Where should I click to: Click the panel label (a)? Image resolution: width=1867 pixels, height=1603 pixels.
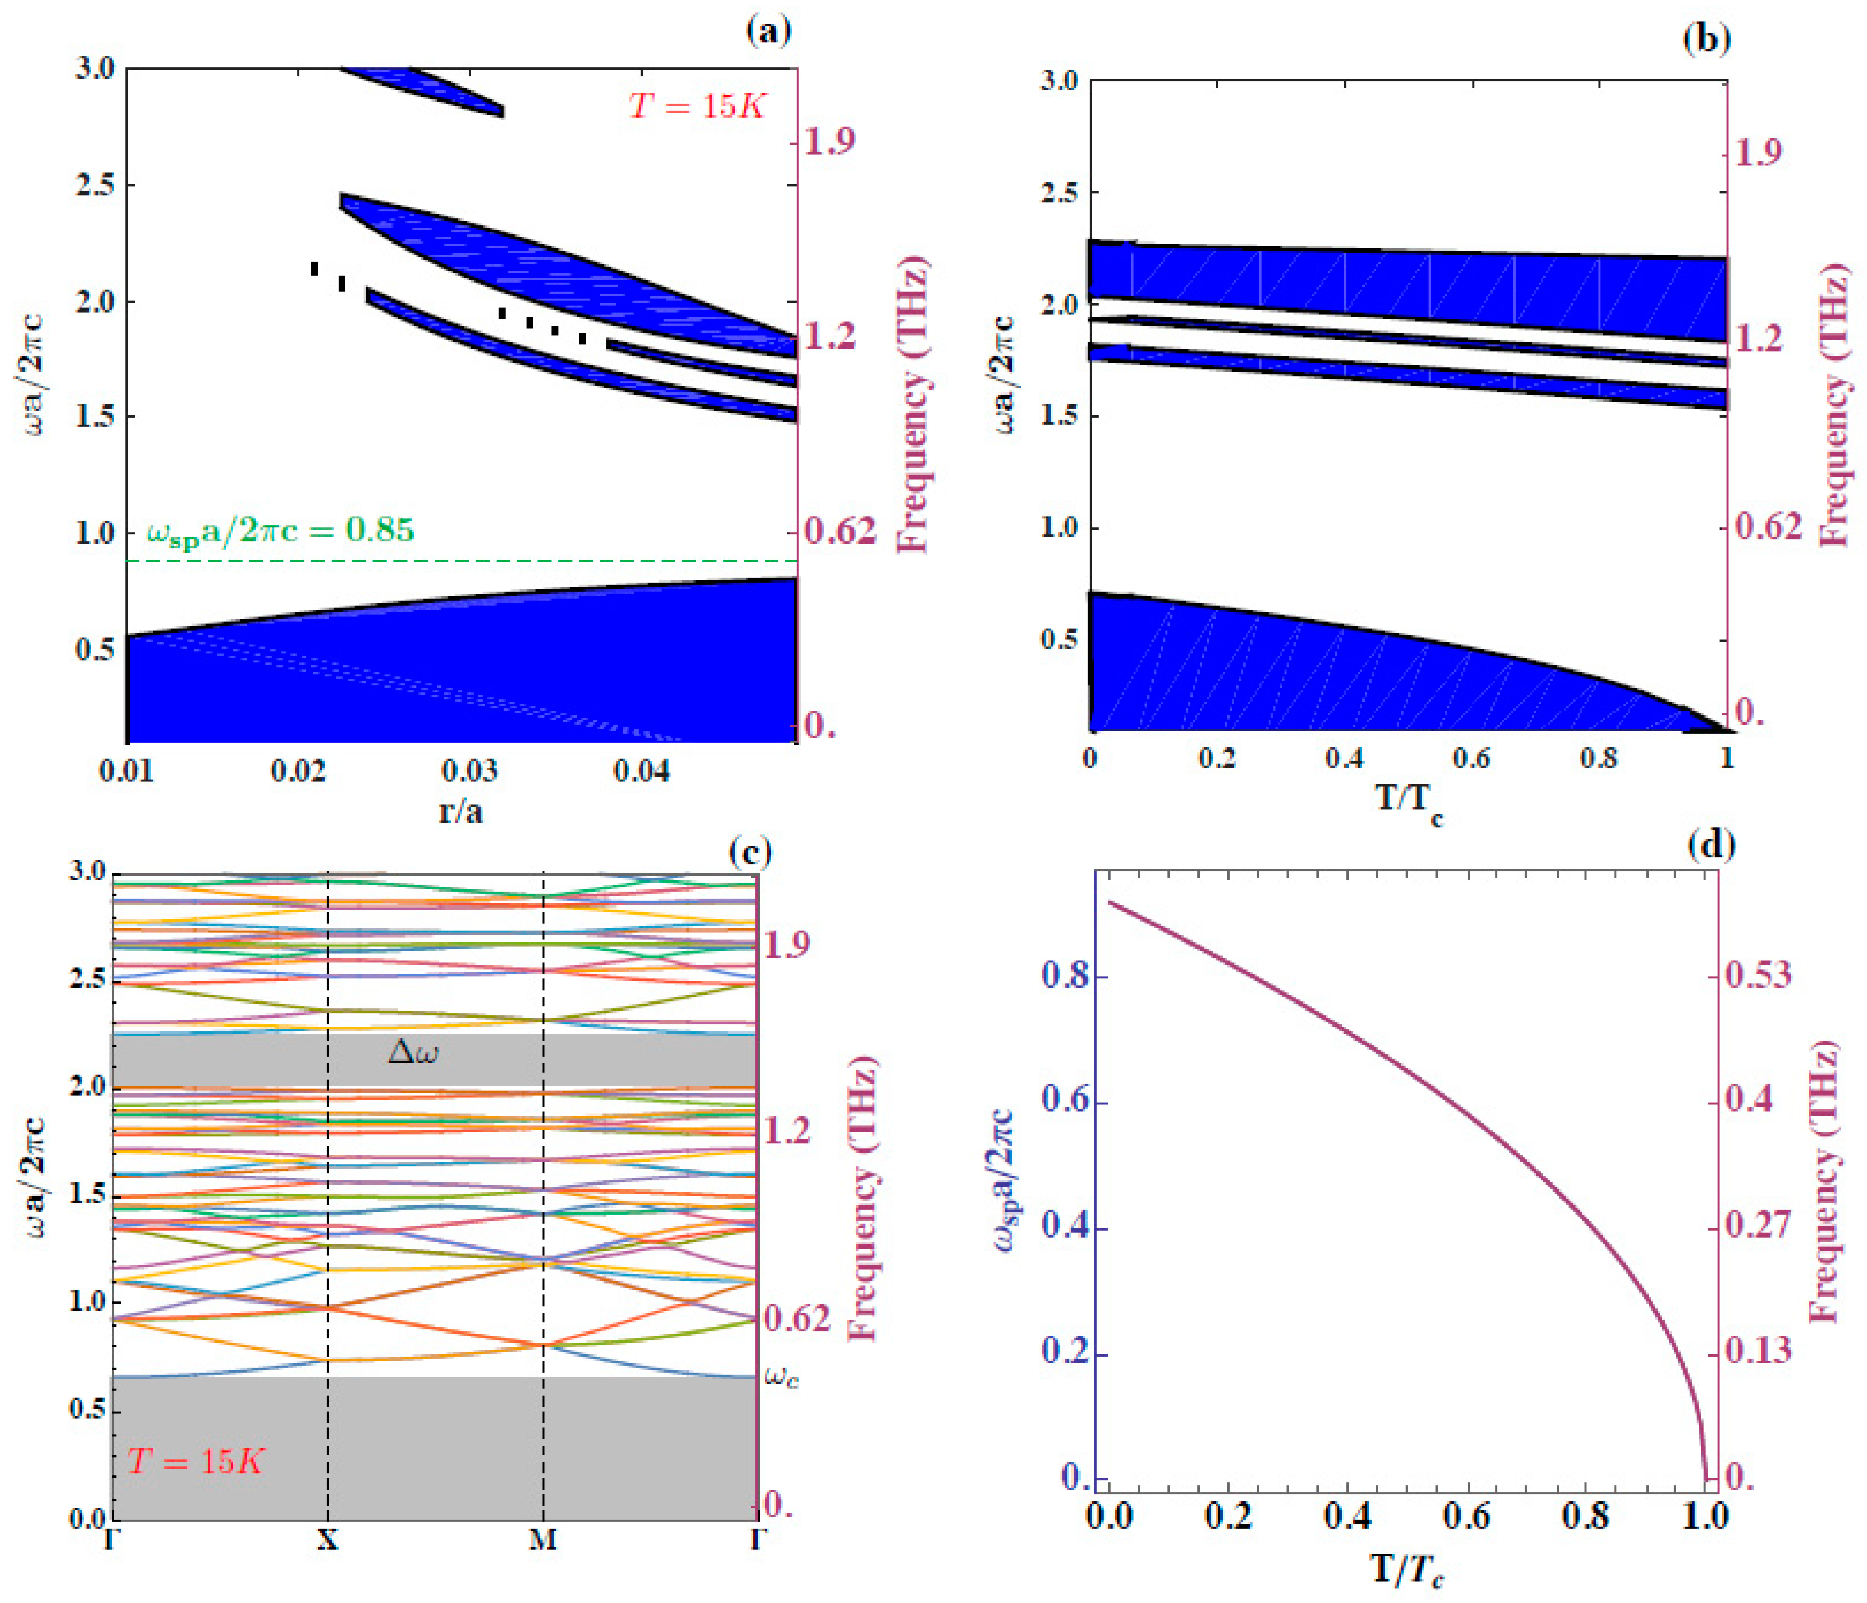point(769,32)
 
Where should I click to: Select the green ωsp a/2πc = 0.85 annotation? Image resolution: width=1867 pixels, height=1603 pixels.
point(281,530)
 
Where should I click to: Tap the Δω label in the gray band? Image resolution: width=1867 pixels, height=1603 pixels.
point(413,1052)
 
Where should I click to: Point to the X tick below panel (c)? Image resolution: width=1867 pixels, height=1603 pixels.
point(327,1539)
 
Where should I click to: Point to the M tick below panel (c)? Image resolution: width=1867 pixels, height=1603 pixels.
point(543,1539)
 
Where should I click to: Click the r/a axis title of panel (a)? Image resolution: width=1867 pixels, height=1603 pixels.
point(460,811)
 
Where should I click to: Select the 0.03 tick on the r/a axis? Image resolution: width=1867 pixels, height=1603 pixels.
point(470,771)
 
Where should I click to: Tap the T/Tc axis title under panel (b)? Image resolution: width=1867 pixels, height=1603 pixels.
point(1409,800)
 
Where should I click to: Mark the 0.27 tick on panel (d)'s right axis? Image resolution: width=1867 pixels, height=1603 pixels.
point(1757,1225)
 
